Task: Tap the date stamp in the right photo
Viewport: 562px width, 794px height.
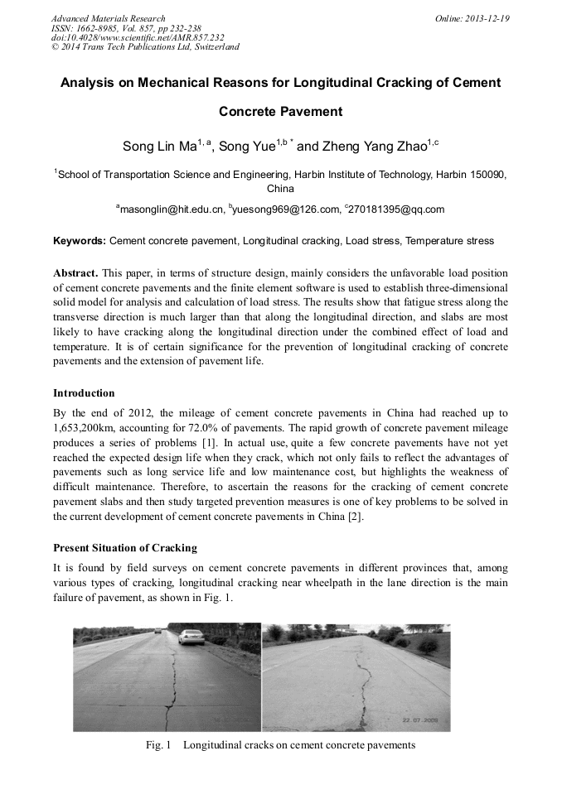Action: click(x=419, y=720)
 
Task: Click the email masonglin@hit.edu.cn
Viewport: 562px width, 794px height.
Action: click(x=170, y=209)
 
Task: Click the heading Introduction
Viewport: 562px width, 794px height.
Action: click(x=84, y=392)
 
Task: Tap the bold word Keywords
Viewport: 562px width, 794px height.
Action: click(x=79, y=241)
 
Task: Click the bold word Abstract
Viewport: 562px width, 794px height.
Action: click(x=77, y=272)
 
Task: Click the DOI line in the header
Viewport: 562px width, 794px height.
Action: click(x=138, y=37)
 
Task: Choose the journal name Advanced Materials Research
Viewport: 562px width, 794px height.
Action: click(x=108, y=18)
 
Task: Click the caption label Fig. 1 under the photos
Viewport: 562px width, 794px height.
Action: click(x=157, y=745)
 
